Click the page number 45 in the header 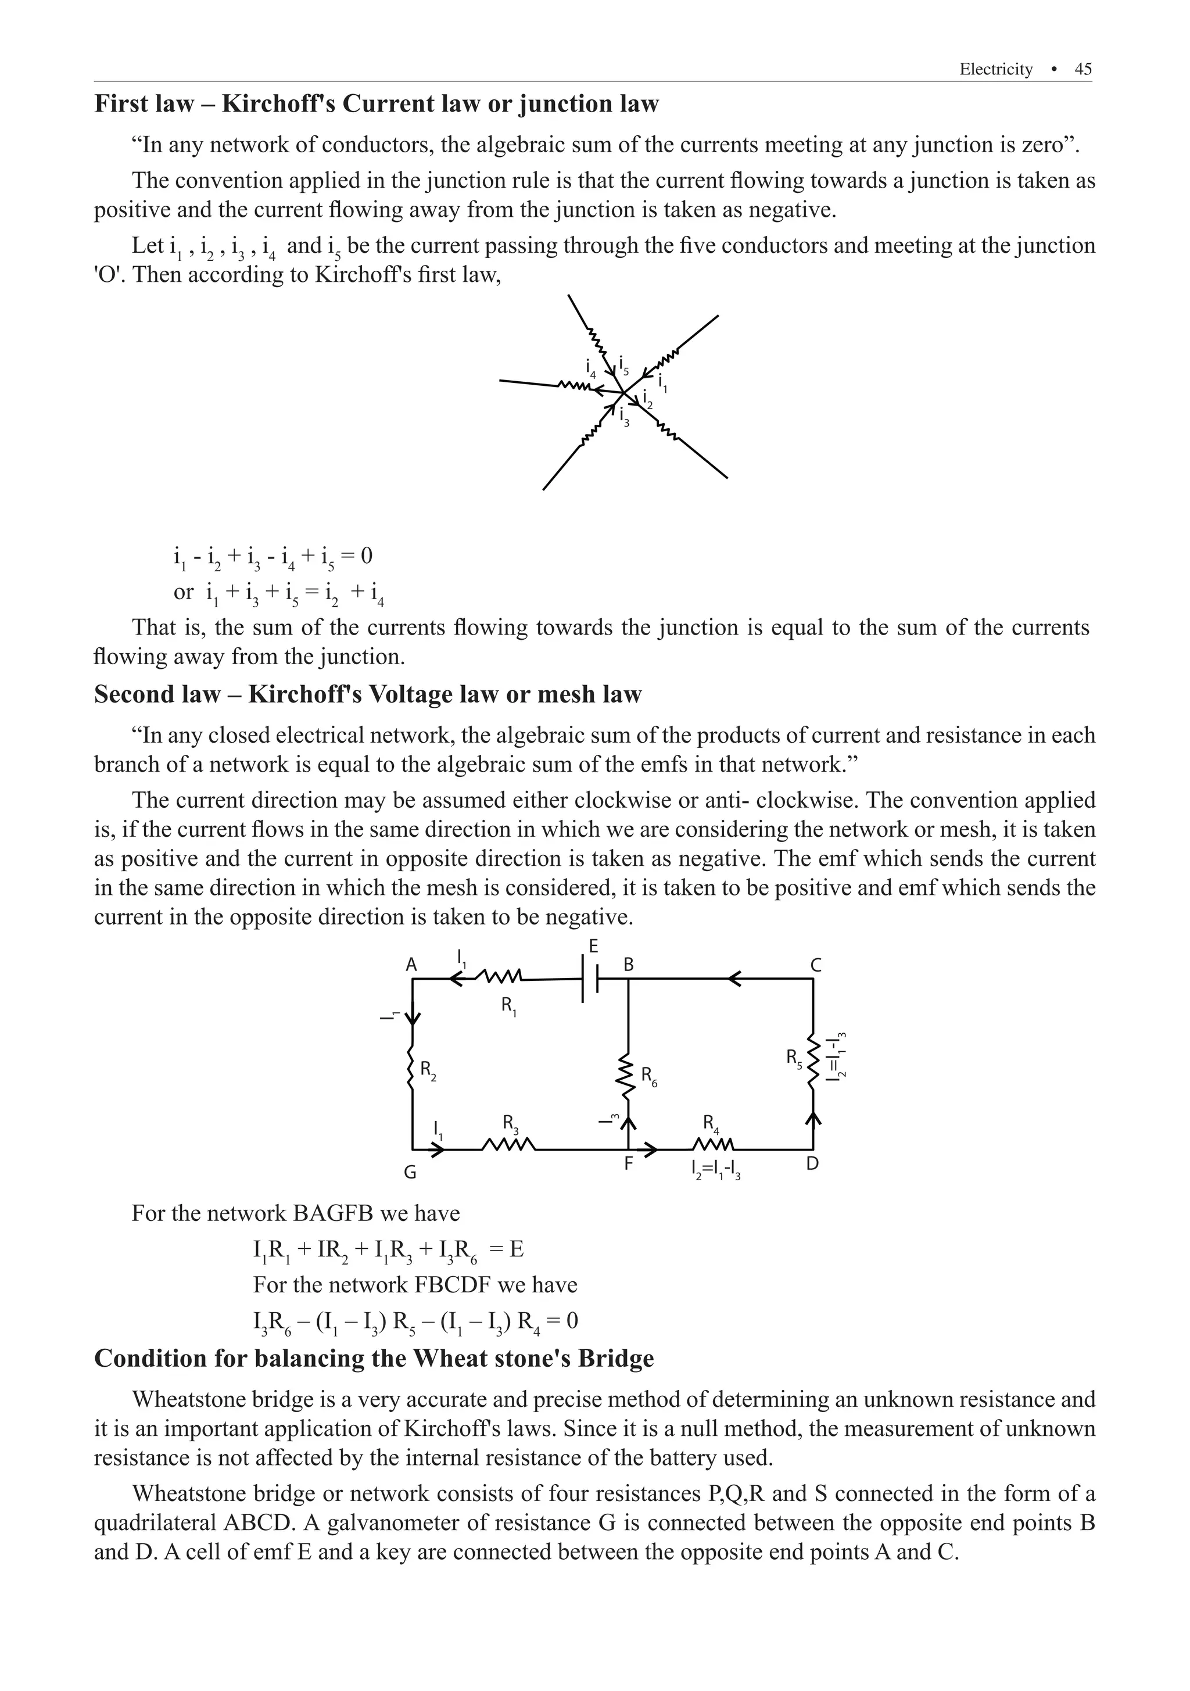1083,69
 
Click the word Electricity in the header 995,69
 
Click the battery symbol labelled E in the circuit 590,979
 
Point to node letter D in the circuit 812,1164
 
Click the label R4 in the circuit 711,1123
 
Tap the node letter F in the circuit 628,1165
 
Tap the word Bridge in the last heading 616,1358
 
